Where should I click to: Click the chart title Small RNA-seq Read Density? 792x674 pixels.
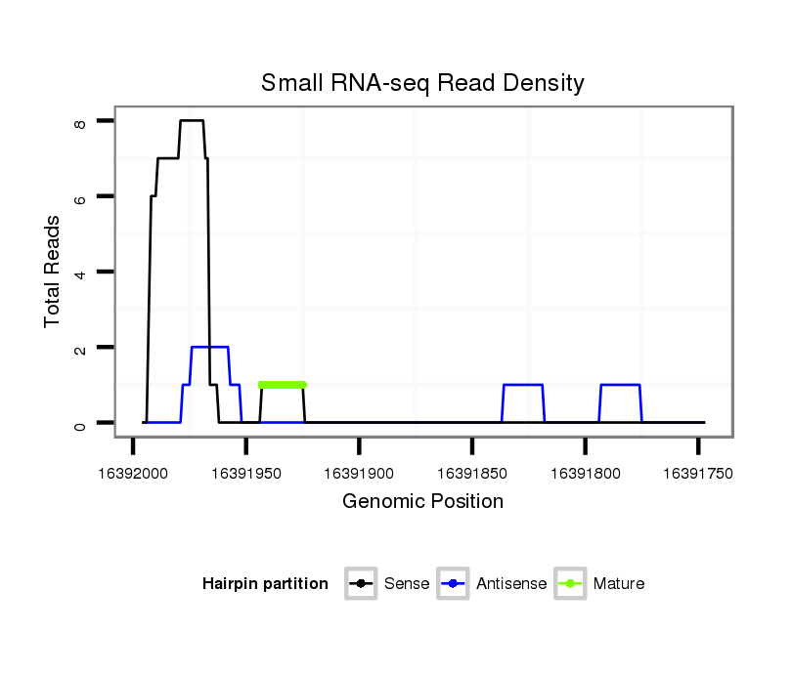[422, 83]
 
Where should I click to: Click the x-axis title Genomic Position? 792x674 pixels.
[422, 502]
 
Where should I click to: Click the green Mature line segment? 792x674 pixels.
[283, 385]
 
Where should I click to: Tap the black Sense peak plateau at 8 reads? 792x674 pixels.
[192, 120]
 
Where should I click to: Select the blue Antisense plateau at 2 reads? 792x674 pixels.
[209, 347]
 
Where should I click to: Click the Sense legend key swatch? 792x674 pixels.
[361, 584]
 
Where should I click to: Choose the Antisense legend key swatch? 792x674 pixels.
[454, 584]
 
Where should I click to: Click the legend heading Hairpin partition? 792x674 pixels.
[265, 584]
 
